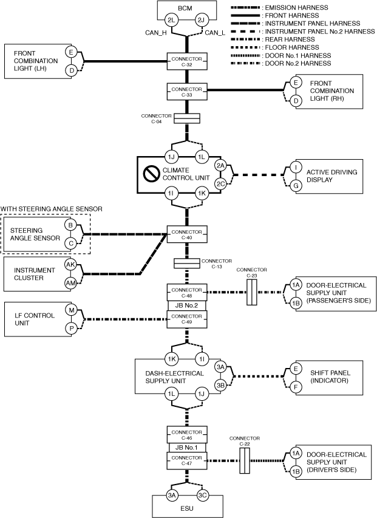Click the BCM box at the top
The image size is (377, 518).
[x=187, y=9]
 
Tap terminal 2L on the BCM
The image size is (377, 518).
[x=171, y=21]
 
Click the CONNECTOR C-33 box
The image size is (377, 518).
[x=187, y=92]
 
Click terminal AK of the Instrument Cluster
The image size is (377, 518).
[x=71, y=265]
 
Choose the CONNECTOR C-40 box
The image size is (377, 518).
[x=187, y=234]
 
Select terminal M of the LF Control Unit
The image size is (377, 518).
[x=71, y=310]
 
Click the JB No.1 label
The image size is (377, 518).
[x=187, y=448]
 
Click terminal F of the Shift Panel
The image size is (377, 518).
[x=296, y=386]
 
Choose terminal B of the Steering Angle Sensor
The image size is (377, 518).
[x=71, y=225]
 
